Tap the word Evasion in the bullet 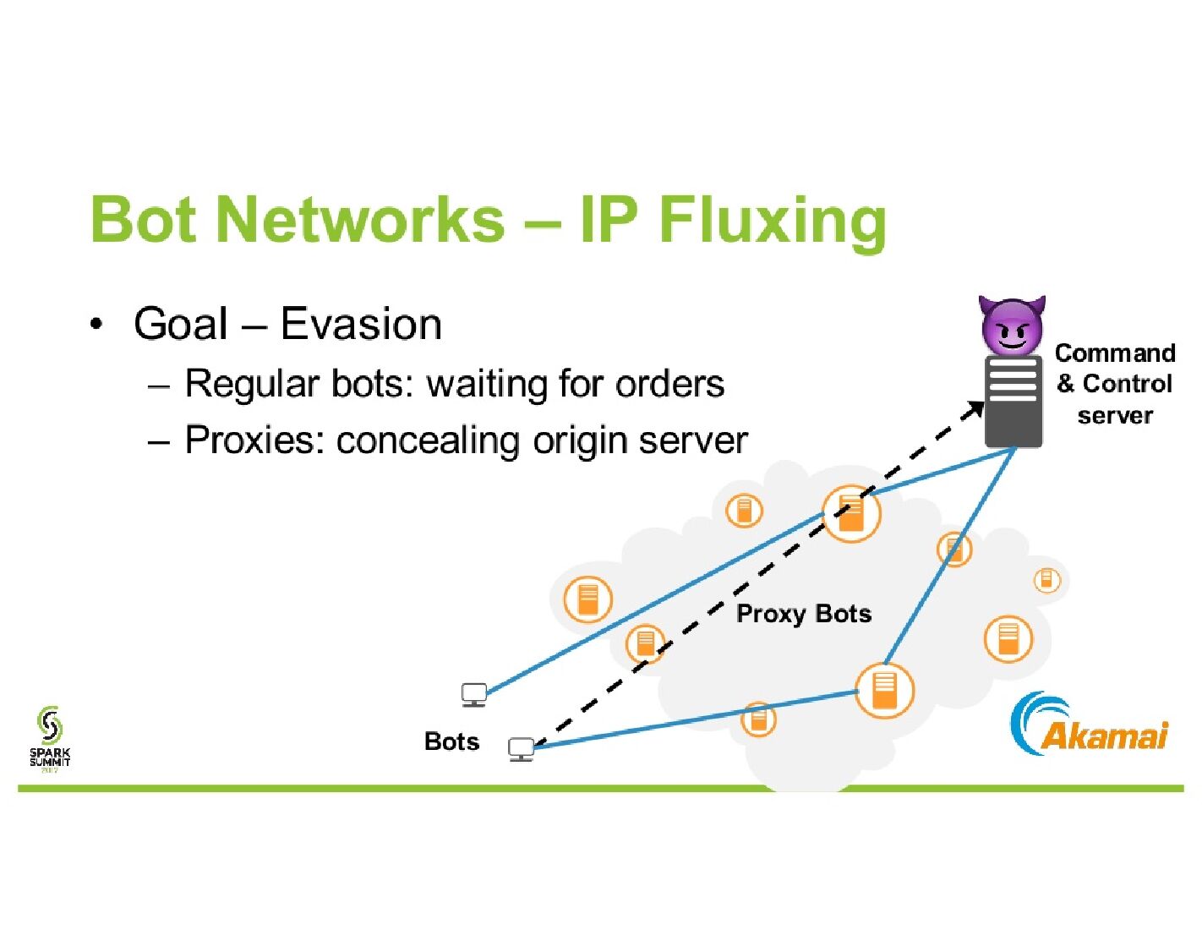[361, 324]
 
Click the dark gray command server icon [1013, 401]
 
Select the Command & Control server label [1114, 384]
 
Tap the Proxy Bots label [804, 614]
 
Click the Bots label [451, 741]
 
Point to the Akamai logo [1088, 725]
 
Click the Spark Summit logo [50, 739]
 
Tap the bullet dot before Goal [96, 324]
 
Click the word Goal [180, 324]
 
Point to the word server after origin [693, 441]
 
